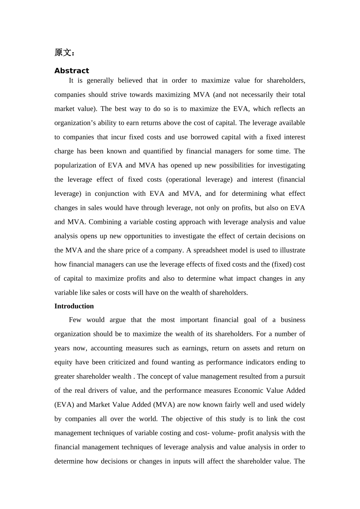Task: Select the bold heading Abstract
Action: [x=72, y=71]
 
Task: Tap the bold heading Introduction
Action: [x=74, y=306]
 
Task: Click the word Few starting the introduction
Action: [x=75, y=320]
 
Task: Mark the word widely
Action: [x=295, y=404]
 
